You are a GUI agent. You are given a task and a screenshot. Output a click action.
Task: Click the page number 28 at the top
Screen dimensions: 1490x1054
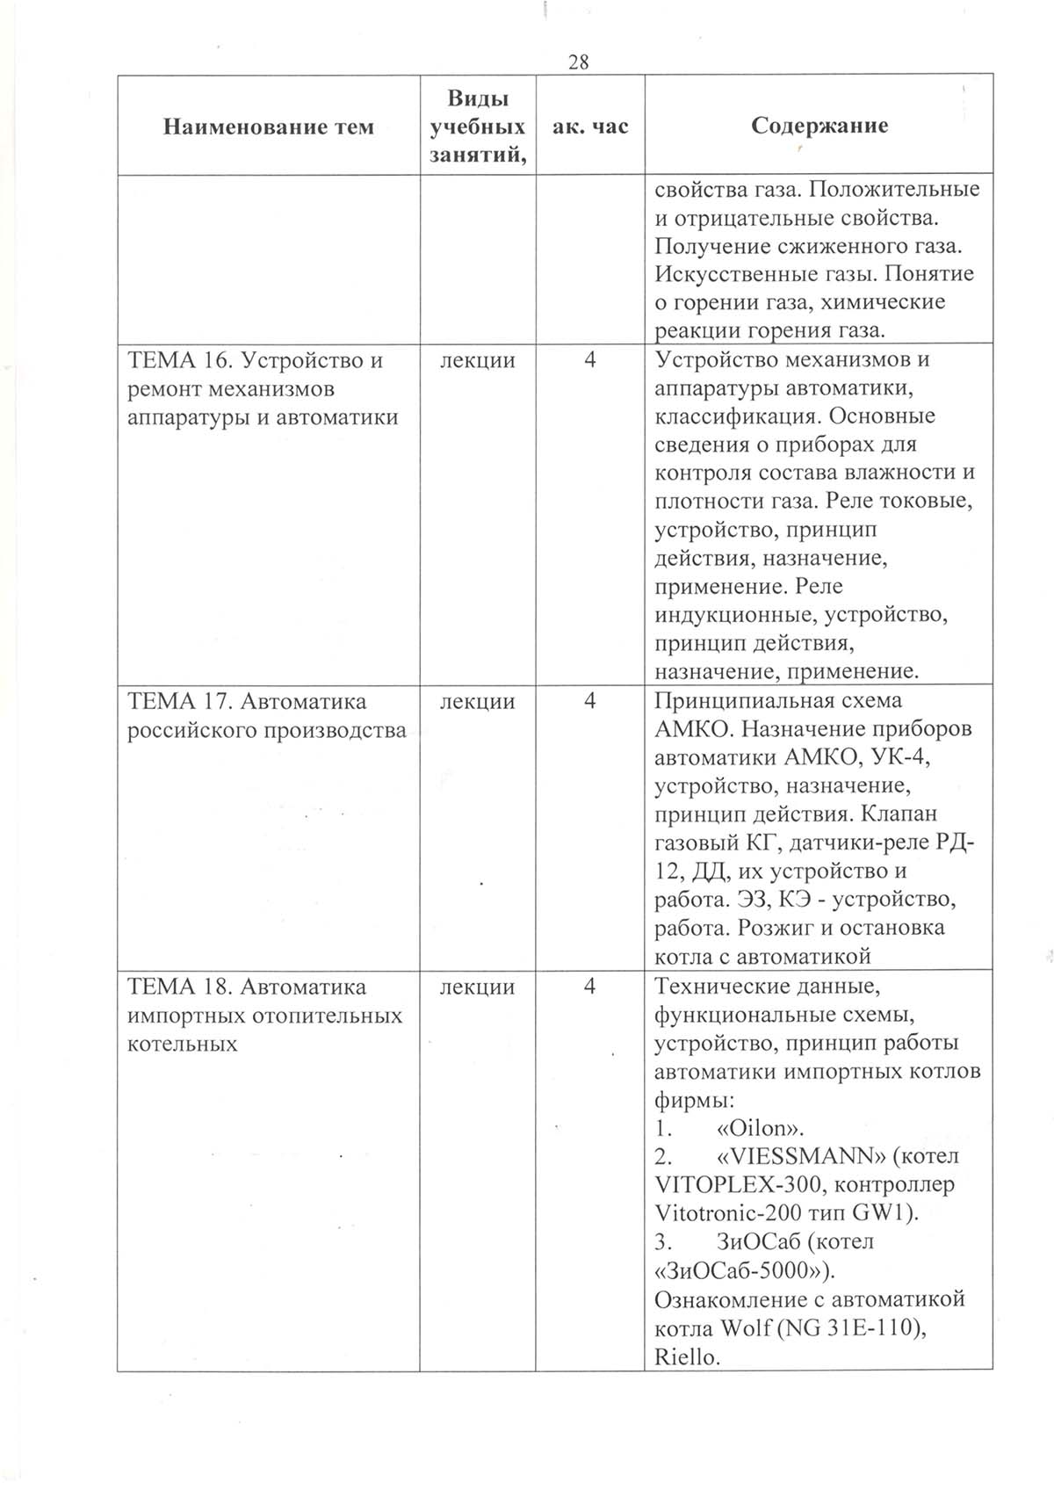click(x=579, y=61)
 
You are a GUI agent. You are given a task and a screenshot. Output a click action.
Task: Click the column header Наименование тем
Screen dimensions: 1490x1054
click(x=269, y=127)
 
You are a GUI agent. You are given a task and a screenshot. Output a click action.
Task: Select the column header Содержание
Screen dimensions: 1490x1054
click(x=819, y=126)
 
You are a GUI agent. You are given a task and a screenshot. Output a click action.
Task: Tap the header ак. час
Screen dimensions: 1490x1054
click(x=590, y=127)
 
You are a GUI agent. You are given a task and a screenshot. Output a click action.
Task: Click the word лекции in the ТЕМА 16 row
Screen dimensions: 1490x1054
click(x=477, y=360)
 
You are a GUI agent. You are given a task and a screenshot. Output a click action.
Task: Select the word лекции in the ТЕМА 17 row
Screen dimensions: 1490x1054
click(x=477, y=701)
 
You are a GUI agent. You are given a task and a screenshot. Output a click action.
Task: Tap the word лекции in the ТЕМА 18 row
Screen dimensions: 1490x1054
click(x=477, y=987)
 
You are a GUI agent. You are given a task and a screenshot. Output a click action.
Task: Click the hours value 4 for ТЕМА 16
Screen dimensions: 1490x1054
click(x=590, y=360)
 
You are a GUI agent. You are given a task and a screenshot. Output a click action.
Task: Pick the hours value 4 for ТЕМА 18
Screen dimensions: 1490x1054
click(x=590, y=987)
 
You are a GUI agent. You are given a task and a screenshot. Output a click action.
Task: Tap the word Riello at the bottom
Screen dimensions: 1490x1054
click(x=687, y=1356)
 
